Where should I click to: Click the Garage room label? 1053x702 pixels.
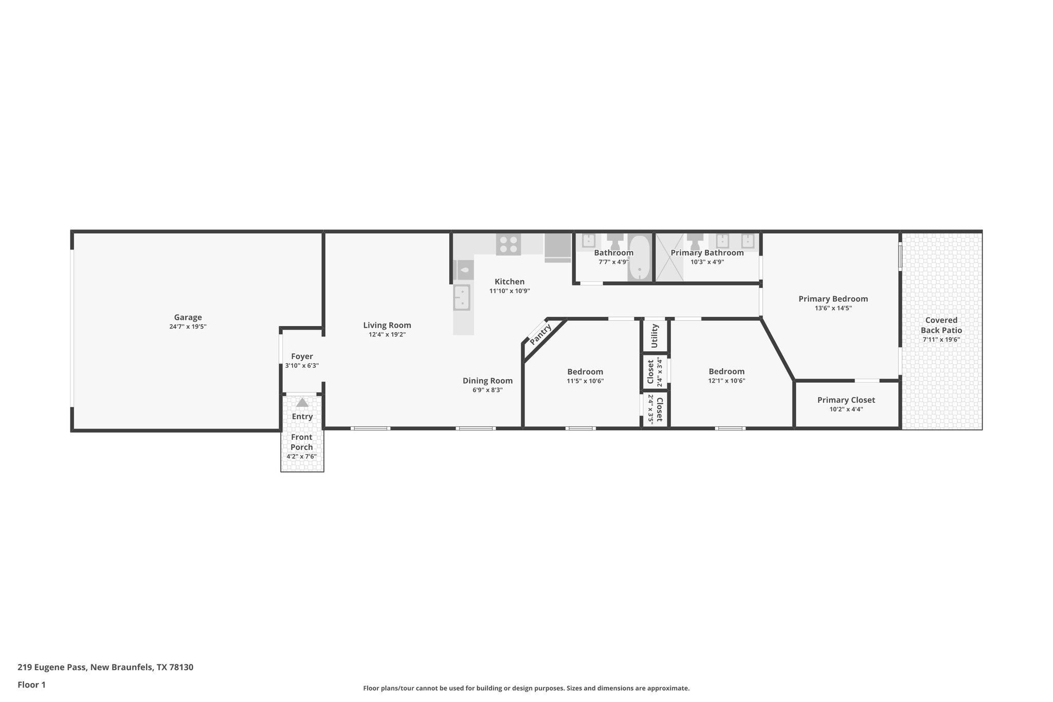click(188, 317)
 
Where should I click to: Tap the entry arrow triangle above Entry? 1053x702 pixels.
click(302, 403)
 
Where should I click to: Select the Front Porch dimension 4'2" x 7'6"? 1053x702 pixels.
click(301, 456)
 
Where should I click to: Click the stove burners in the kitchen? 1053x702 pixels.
click(508, 244)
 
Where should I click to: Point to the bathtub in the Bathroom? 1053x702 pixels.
click(639, 258)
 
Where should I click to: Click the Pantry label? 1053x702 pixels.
click(540, 334)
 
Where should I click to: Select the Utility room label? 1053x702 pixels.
click(655, 335)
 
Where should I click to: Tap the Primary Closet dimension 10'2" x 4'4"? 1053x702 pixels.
click(846, 409)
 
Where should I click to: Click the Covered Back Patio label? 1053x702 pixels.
click(941, 325)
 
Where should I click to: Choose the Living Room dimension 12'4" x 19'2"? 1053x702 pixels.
click(387, 334)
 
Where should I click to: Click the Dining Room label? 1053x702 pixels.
click(487, 381)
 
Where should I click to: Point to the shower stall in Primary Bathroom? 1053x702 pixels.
click(669, 258)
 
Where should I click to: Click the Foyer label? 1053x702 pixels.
click(302, 356)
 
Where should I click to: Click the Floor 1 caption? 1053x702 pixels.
click(31, 685)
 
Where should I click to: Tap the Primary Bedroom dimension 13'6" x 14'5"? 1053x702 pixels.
click(833, 308)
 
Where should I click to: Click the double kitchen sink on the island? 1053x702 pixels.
click(461, 297)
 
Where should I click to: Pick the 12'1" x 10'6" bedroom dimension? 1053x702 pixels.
click(727, 381)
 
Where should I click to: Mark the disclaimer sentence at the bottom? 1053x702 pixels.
click(526, 688)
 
